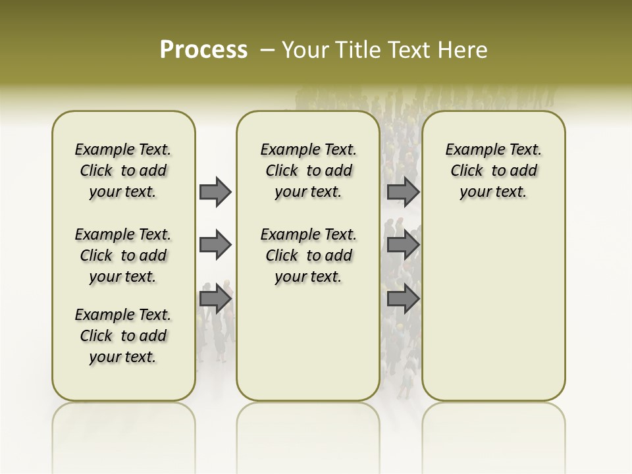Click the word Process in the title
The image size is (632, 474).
203,50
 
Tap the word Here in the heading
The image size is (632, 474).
463,50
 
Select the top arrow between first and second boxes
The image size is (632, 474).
215,192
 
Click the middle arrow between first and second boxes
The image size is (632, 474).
215,245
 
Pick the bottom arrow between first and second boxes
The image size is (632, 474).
215,299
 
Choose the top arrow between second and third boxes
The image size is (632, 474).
403,192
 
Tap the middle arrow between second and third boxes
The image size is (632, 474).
403,245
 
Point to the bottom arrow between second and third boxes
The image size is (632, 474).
403,299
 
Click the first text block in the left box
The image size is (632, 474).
123,171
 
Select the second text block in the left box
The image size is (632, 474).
123,255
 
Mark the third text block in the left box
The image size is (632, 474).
123,336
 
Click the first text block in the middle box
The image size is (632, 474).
308,171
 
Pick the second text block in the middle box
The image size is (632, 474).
308,255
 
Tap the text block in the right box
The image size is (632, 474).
493,171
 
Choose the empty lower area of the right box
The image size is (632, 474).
493,309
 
